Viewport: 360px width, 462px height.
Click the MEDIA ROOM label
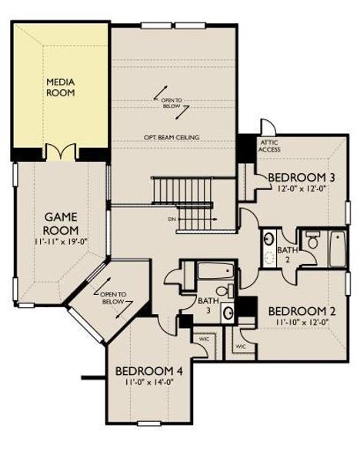pyautogui.click(x=61, y=85)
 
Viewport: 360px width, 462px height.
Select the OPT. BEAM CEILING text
pyautogui.click(x=172, y=138)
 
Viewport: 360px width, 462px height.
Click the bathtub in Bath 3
pyautogui.click(x=212, y=271)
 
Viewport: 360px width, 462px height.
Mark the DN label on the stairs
pyautogui.click(x=172, y=219)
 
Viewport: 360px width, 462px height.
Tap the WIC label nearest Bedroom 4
pyautogui.click(x=205, y=337)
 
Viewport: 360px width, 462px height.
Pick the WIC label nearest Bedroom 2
pyautogui.click(x=240, y=346)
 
